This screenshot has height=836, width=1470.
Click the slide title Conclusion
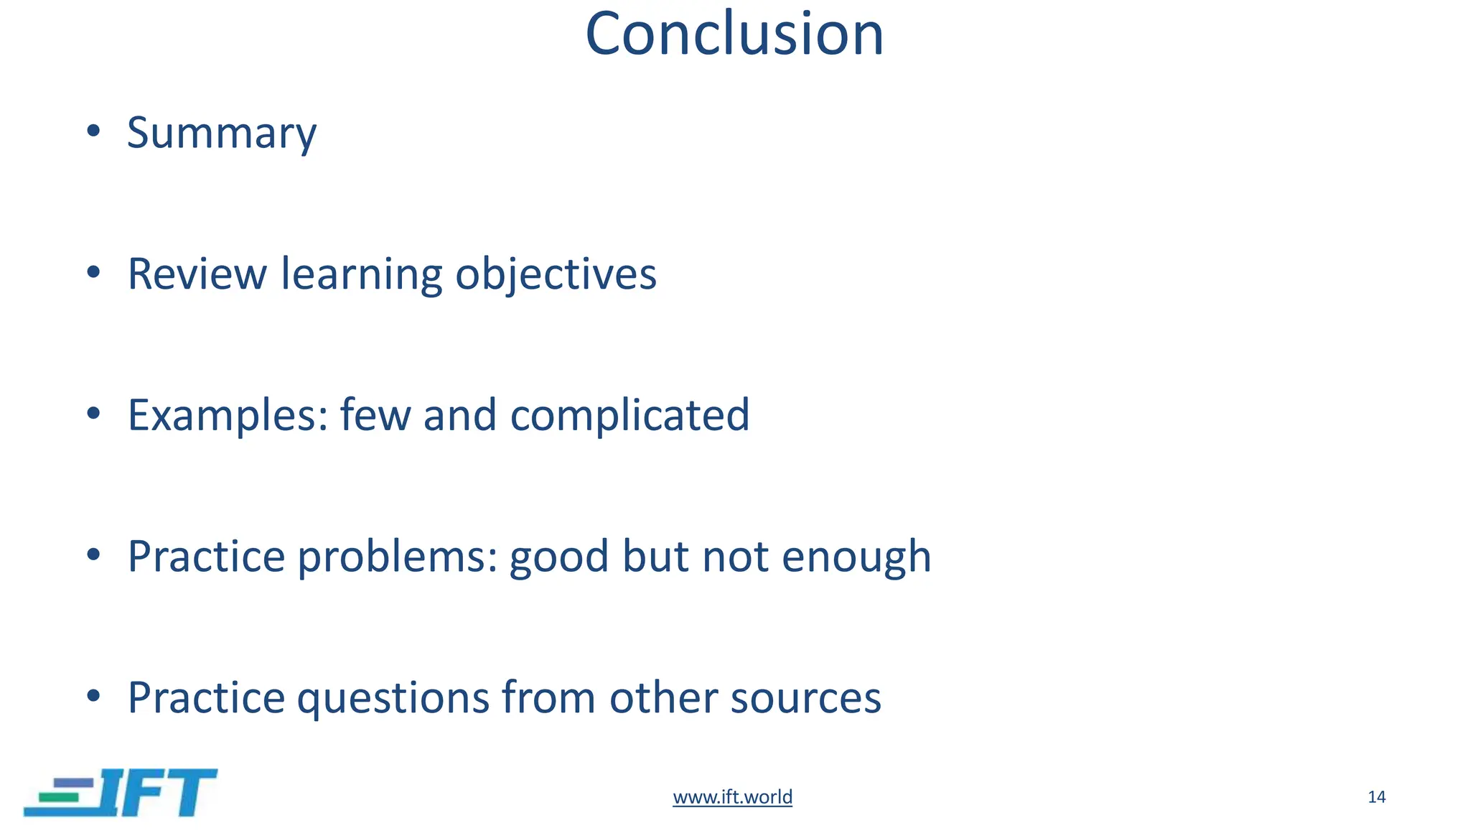pos(734,34)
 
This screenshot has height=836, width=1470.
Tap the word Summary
pos(222,134)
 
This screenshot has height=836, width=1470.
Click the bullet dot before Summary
pos(93,131)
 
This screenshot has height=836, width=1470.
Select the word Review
pos(197,274)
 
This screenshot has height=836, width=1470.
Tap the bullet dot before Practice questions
pos(93,695)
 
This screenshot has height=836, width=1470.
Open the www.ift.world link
pos(732,796)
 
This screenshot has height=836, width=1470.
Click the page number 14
pos(1376,796)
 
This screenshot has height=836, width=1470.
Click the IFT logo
pos(121,792)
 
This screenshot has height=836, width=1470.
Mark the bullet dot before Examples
pos(93,413)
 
